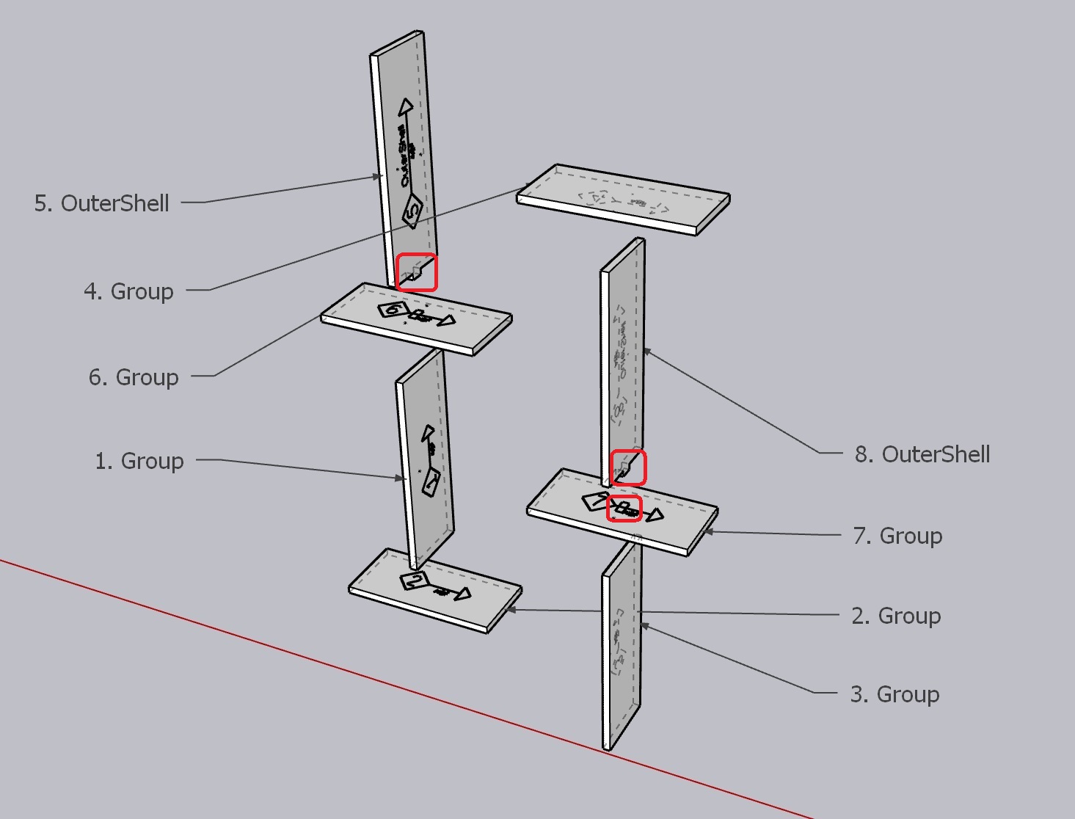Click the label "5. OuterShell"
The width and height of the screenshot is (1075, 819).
point(102,203)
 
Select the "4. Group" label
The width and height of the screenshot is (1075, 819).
point(129,291)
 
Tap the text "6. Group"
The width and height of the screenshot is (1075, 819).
point(134,377)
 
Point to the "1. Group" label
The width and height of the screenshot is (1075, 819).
point(139,461)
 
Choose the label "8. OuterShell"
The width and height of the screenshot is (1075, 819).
point(922,454)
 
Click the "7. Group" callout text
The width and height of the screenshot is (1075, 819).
point(897,536)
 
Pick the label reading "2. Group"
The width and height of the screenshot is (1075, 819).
point(896,616)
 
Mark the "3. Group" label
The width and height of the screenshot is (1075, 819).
point(894,694)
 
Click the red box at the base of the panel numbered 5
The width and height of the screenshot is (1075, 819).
point(417,272)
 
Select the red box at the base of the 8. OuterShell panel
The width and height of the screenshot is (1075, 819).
point(629,467)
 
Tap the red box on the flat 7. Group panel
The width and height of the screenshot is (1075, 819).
point(624,509)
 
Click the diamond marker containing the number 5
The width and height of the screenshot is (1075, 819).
point(412,211)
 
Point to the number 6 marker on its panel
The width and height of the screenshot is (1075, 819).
point(393,309)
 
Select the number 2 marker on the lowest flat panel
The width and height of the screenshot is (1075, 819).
point(415,580)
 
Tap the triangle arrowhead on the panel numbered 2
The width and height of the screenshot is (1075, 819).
point(463,594)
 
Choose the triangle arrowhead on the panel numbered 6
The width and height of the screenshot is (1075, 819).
point(445,320)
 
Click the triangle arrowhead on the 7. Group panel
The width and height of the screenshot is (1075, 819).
point(655,515)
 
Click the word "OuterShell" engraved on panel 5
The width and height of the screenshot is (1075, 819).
point(402,154)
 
